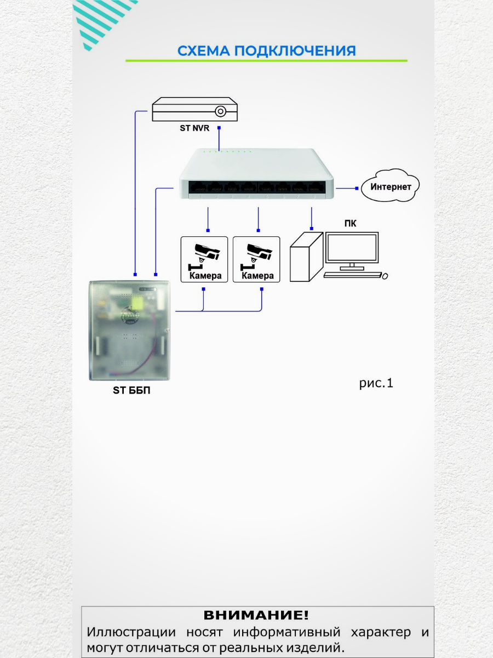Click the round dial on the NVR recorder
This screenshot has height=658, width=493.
(x=220, y=111)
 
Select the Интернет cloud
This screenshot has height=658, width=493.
(x=390, y=187)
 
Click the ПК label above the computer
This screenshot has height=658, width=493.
(x=350, y=223)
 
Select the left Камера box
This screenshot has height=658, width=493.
(x=204, y=259)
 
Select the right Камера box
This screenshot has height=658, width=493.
(x=256, y=259)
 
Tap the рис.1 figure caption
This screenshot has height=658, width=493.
(x=376, y=383)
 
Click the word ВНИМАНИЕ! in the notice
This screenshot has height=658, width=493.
(x=256, y=615)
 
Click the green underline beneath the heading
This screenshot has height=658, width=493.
(x=266, y=60)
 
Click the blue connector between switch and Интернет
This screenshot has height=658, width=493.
(x=346, y=188)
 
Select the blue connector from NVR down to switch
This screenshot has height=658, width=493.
(x=219, y=138)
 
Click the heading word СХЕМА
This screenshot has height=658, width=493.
(x=203, y=51)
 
